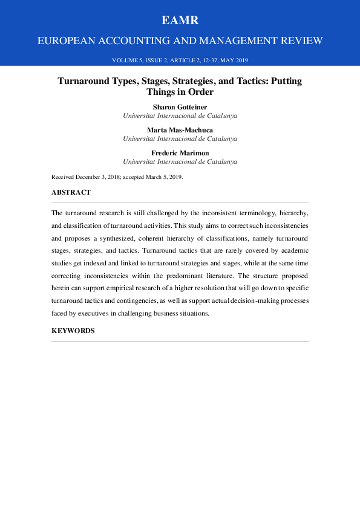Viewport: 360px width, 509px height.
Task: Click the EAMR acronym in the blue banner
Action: pos(180,21)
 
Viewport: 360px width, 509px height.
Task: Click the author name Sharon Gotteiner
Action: pos(180,106)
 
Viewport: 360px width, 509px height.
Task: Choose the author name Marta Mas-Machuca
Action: pos(180,130)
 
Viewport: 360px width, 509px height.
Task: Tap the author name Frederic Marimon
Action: pos(180,154)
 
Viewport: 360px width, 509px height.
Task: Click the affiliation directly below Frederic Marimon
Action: pos(180,162)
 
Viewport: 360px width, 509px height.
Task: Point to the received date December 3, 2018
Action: pos(102,177)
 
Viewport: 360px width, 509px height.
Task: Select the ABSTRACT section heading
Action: pos(71,192)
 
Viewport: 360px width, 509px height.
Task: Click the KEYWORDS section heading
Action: pos(73,331)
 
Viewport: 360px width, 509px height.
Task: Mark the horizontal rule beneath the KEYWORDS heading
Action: pos(180,342)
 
